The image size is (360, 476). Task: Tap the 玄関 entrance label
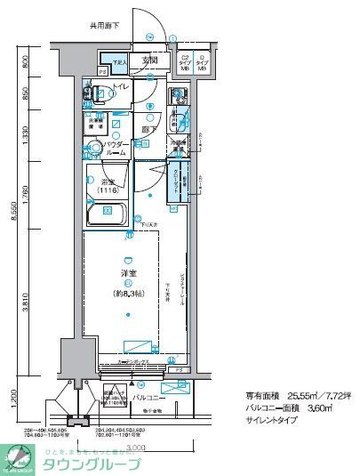pyautogui.click(x=150, y=61)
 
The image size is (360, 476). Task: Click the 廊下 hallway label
pyautogui.click(x=149, y=130)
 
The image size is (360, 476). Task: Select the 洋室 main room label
pyautogui.click(x=129, y=277)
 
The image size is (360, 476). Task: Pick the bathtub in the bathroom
pyautogui.click(x=108, y=213)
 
